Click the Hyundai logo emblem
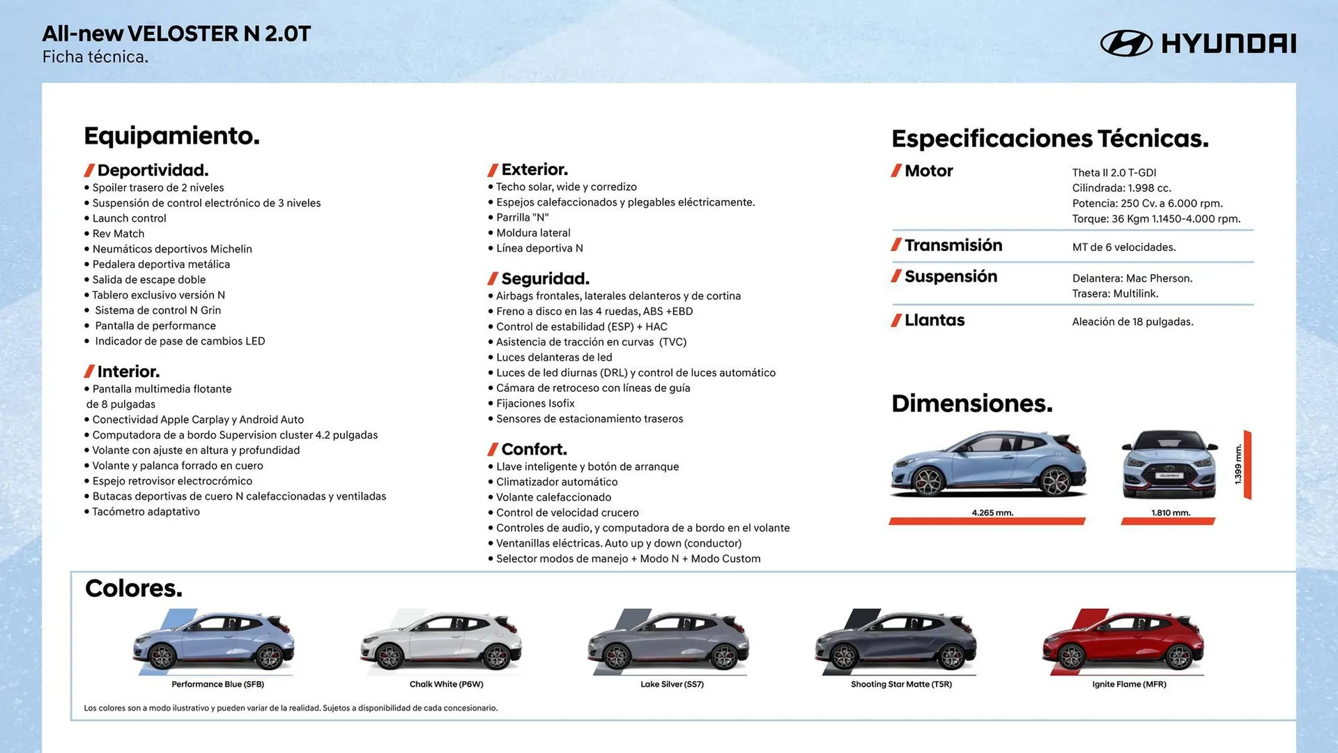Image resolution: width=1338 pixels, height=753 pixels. [1125, 43]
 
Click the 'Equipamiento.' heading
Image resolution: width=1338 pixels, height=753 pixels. [171, 135]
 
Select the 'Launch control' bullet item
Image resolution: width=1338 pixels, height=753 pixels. [129, 218]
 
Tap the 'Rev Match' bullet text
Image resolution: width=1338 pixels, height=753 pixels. [118, 234]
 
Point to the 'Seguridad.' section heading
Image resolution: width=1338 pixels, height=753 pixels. [544, 279]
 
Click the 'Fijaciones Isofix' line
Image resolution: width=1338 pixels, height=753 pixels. [535, 404]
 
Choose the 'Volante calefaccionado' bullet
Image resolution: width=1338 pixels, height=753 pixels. [553, 497]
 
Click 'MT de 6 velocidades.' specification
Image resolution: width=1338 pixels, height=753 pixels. [1123, 248]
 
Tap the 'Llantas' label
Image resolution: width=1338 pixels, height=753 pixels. [934, 321]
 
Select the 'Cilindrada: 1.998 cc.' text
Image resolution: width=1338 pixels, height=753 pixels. [1121, 188]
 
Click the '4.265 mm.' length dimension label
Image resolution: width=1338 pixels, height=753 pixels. [992, 513]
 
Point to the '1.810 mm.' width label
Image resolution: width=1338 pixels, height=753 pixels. [1171, 513]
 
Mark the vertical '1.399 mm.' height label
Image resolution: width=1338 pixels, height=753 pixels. [1238, 464]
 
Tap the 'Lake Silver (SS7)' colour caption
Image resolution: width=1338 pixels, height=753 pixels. [672, 685]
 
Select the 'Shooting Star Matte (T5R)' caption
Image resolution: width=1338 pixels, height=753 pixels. [901, 685]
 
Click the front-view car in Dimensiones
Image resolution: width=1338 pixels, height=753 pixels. [1170, 466]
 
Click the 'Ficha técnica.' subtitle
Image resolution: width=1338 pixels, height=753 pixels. [95, 57]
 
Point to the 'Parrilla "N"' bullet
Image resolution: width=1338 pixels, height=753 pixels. [522, 218]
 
